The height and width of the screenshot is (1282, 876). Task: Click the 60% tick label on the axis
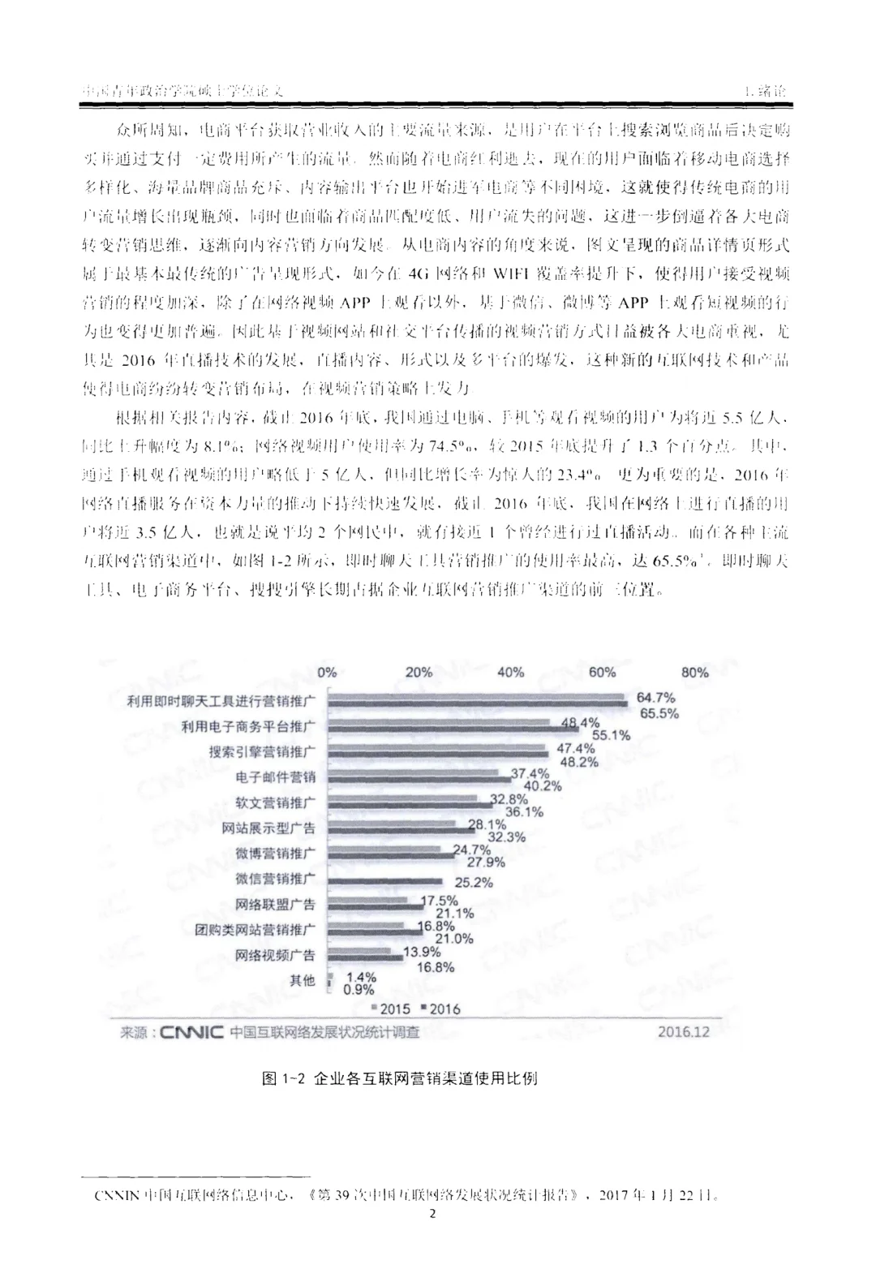[603, 672]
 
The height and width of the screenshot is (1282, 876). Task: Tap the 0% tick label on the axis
[327, 672]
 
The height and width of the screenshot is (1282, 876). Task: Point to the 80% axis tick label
[695, 672]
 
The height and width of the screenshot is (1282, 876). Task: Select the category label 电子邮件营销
[275, 777]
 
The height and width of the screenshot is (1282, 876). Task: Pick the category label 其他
[303, 980]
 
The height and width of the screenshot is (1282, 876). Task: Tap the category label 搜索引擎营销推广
[262, 751]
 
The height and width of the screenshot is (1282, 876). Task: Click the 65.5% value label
[659, 713]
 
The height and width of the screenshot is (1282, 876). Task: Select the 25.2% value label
[473, 882]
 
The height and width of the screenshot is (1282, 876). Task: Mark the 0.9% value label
[359, 990]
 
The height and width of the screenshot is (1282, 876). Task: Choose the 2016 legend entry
[440, 1009]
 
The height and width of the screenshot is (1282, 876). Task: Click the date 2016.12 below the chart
[683, 1032]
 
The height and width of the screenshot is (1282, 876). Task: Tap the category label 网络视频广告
[275, 955]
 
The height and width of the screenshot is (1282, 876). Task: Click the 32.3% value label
[506, 837]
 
